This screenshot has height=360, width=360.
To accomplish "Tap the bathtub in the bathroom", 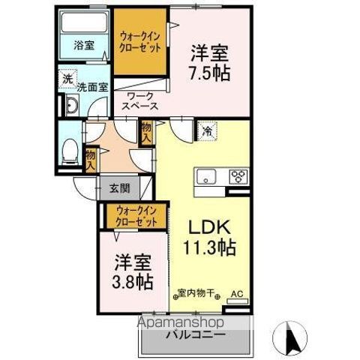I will point(83,22).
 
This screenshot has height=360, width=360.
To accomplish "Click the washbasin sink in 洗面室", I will point(72,106).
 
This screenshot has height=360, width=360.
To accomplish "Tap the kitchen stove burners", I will point(238,178).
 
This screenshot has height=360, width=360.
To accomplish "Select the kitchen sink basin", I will point(205,178).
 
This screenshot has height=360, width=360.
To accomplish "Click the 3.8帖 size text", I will point(133,283).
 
